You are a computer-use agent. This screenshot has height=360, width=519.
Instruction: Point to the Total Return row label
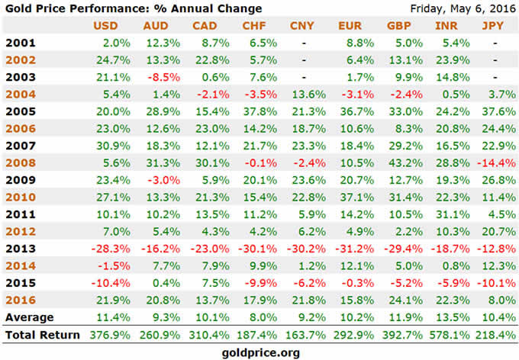click(42, 334)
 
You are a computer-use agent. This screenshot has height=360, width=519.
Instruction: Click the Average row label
click(29, 316)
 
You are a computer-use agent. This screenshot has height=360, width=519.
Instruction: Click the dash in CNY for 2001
click(303, 43)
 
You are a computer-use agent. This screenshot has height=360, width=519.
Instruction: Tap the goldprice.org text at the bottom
click(259, 352)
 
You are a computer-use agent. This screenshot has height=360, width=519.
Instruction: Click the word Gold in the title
click(19, 9)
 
